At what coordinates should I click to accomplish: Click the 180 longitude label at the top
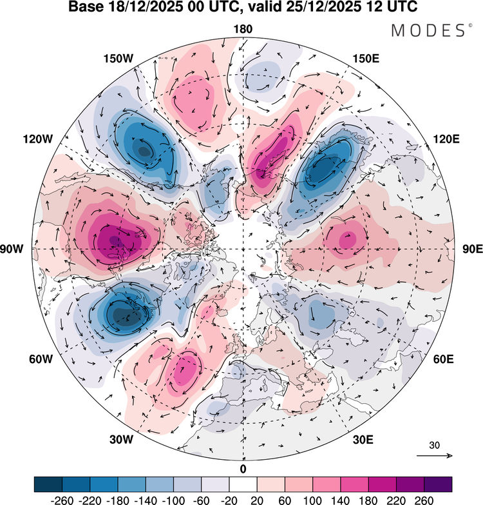[x=243, y=29]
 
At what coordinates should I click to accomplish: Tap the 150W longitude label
[x=118, y=59]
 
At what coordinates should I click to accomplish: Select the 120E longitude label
[x=446, y=139]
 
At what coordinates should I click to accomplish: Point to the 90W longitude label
[x=12, y=249]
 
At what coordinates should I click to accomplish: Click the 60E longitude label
[x=444, y=359]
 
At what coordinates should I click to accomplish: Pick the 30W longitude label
[x=121, y=439]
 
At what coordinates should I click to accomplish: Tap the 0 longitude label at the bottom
[x=243, y=470]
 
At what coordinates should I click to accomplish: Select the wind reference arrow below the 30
[x=435, y=455]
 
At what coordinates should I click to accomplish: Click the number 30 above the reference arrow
[x=434, y=446]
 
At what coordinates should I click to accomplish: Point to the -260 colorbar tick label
[x=62, y=500]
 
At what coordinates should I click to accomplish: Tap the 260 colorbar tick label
[x=424, y=500]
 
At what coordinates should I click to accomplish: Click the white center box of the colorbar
[x=243, y=484]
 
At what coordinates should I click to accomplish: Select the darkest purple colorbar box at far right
[x=438, y=484]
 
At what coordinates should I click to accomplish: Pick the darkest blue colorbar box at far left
[x=48, y=484]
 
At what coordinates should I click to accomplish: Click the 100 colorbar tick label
[x=312, y=500]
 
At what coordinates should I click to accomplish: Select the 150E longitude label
[x=366, y=59]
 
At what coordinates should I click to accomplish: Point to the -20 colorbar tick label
[x=229, y=500]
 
